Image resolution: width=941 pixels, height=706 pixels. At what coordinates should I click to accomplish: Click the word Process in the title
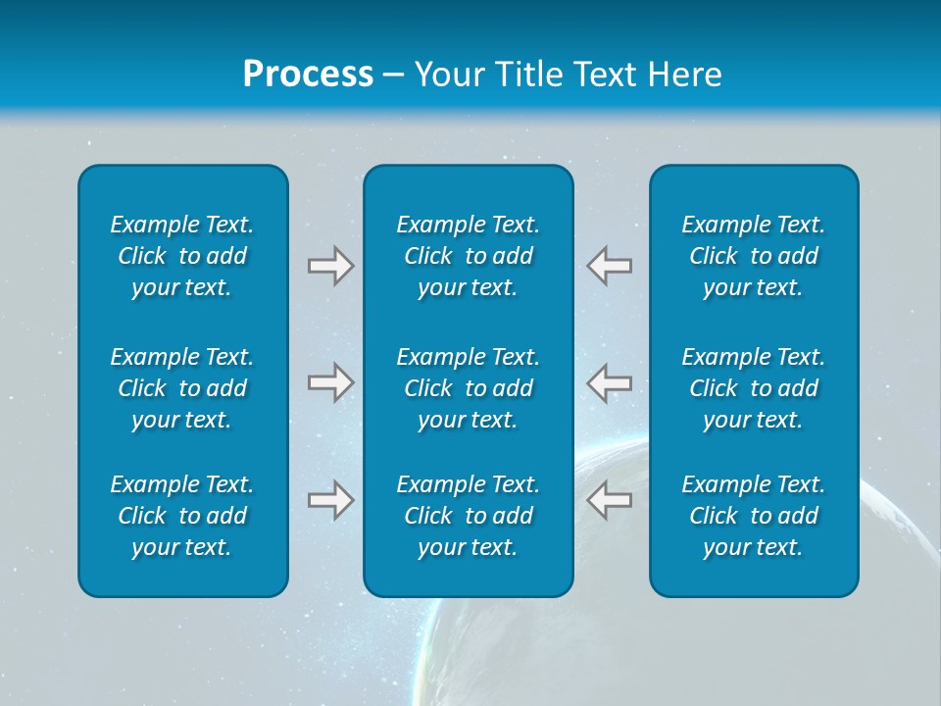click(x=308, y=75)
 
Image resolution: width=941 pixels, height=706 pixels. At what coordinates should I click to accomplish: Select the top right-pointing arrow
click(x=330, y=266)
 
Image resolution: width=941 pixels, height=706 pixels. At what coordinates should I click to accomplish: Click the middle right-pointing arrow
click(x=330, y=382)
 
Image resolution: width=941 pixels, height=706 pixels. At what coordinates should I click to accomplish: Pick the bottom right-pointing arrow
click(x=330, y=500)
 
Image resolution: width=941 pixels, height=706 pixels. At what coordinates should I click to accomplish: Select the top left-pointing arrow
click(x=609, y=266)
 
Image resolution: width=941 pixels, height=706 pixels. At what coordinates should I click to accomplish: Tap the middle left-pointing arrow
click(x=609, y=382)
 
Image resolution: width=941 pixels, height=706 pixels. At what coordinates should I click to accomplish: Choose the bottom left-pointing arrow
click(x=609, y=500)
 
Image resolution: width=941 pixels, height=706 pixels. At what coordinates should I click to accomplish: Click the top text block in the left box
click(x=182, y=256)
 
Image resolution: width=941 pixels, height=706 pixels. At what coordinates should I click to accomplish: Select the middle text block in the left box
click(x=182, y=388)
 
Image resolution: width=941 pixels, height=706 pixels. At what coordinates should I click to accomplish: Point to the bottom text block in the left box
click(x=182, y=516)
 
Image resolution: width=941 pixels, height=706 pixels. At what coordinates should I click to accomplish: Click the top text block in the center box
click(x=469, y=256)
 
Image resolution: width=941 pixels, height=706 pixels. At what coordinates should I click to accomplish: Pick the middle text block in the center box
click(x=469, y=388)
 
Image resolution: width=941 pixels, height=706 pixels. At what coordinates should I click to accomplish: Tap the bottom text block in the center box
click(x=469, y=516)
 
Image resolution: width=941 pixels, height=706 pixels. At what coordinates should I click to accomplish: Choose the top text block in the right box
click(x=754, y=256)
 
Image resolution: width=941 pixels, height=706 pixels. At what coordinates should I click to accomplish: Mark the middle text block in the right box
click(x=754, y=388)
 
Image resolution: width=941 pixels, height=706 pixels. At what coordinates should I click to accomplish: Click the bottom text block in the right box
click(x=754, y=516)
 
